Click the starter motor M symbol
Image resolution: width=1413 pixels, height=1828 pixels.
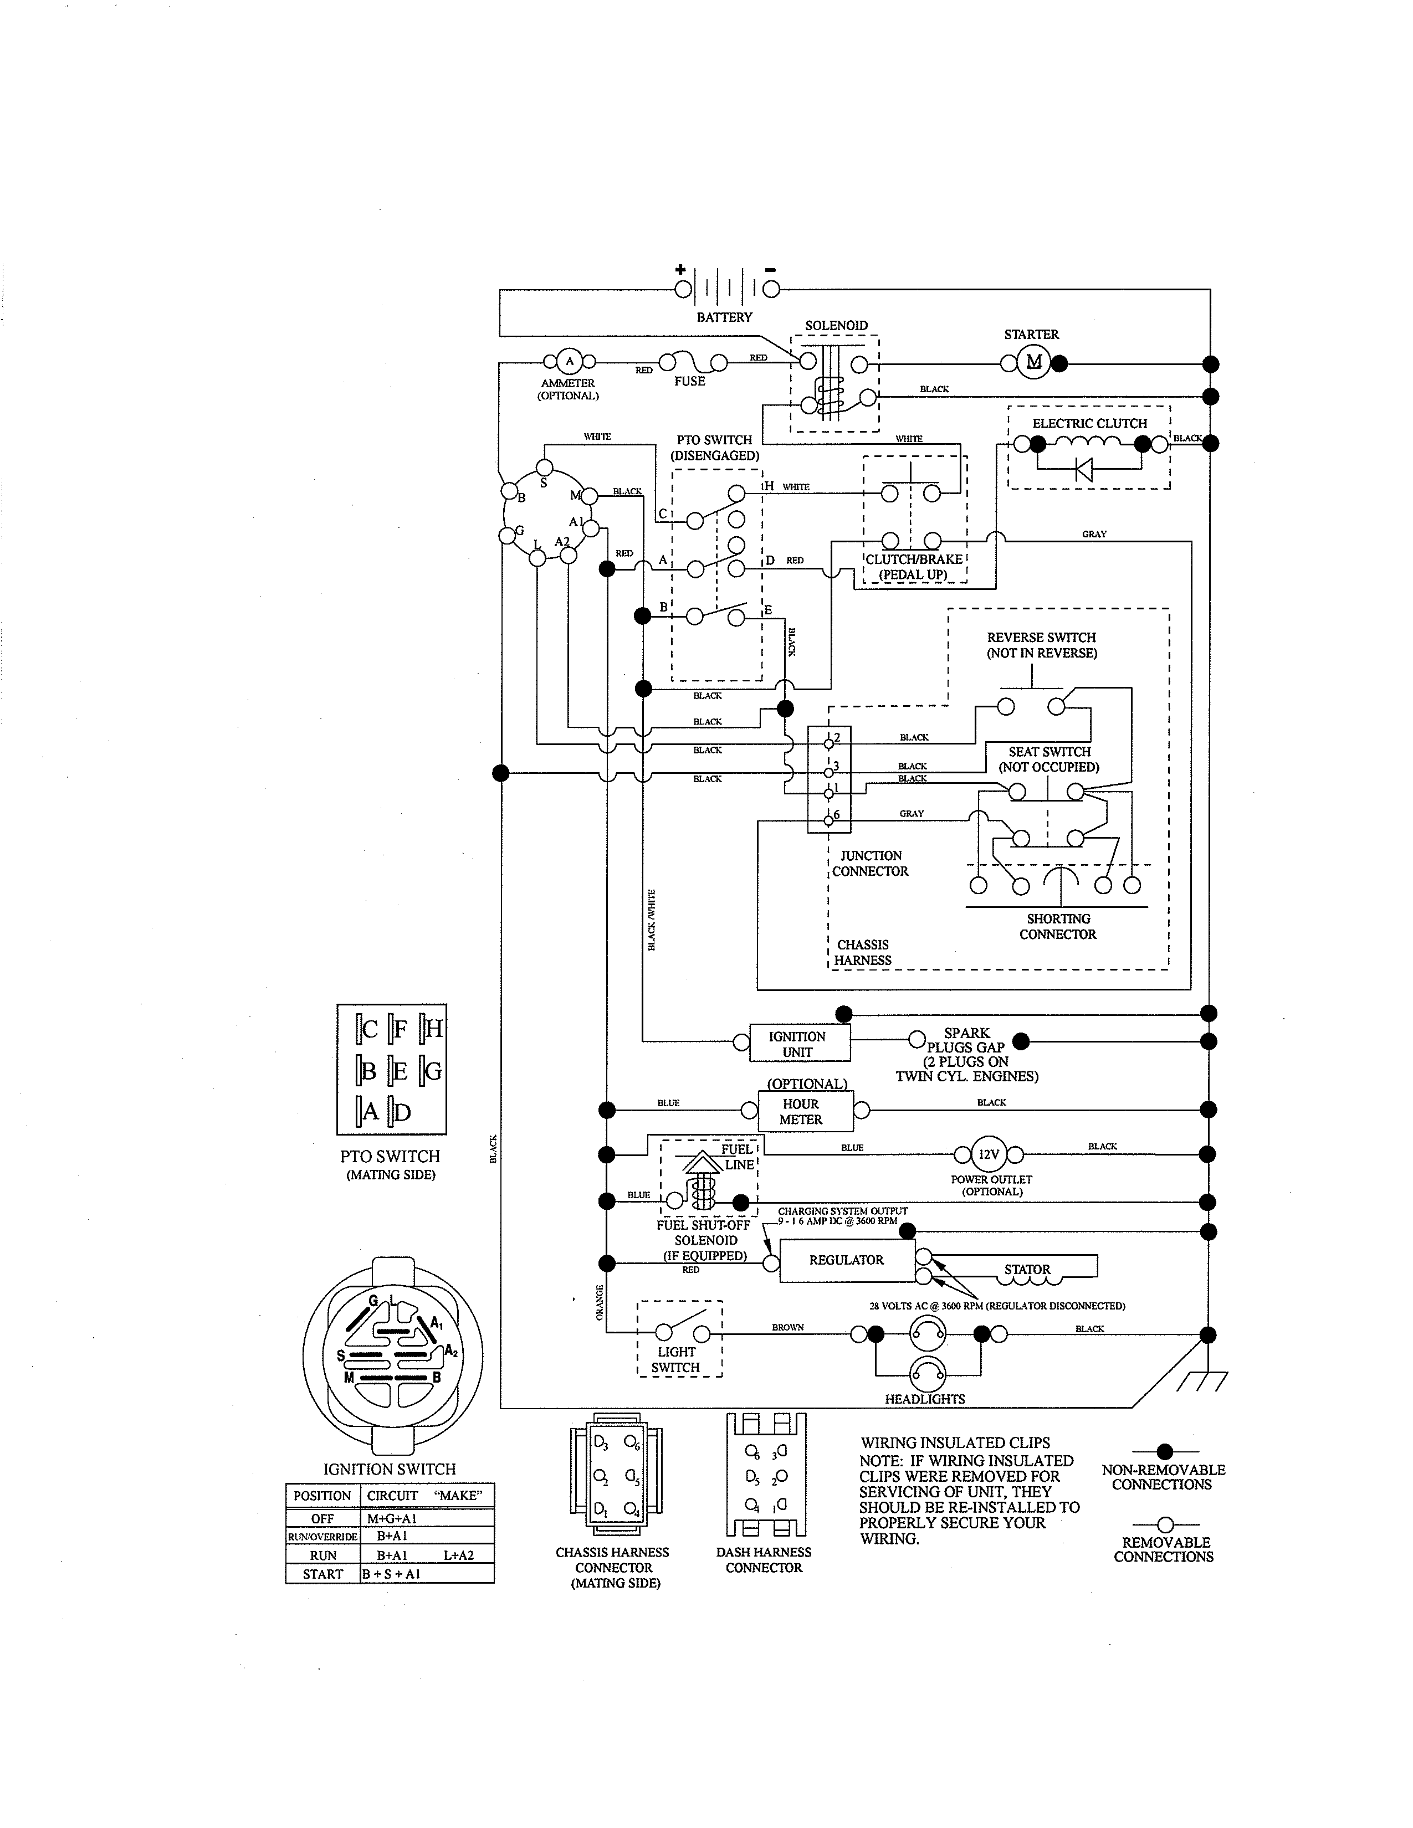click(x=1034, y=362)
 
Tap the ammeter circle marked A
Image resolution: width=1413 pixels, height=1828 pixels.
click(x=569, y=362)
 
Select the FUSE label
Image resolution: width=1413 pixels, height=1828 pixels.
click(x=690, y=382)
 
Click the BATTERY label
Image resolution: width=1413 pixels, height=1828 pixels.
click(x=724, y=317)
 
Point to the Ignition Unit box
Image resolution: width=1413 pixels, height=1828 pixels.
click(x=798, y=1044)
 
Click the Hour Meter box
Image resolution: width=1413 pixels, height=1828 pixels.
click(x=805, y=1112)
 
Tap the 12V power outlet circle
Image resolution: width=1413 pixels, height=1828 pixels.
click(x=989, y=1154)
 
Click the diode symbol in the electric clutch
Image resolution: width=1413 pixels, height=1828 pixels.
click(x=1084, y=469)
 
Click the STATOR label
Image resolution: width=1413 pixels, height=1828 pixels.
click(x=1027, y=1269)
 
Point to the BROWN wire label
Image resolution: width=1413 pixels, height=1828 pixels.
click(x=788, y=1327)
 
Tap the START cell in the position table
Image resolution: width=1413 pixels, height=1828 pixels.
click(x=323, y=1574)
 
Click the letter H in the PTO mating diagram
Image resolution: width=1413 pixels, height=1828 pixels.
click(x=434, y=1028)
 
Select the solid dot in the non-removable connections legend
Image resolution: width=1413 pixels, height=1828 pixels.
click(x=1164, y=1451)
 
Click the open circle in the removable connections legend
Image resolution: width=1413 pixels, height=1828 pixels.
click(x=1164, y=1525)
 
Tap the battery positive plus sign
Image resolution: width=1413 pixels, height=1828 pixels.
click(x=680, y=270)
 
